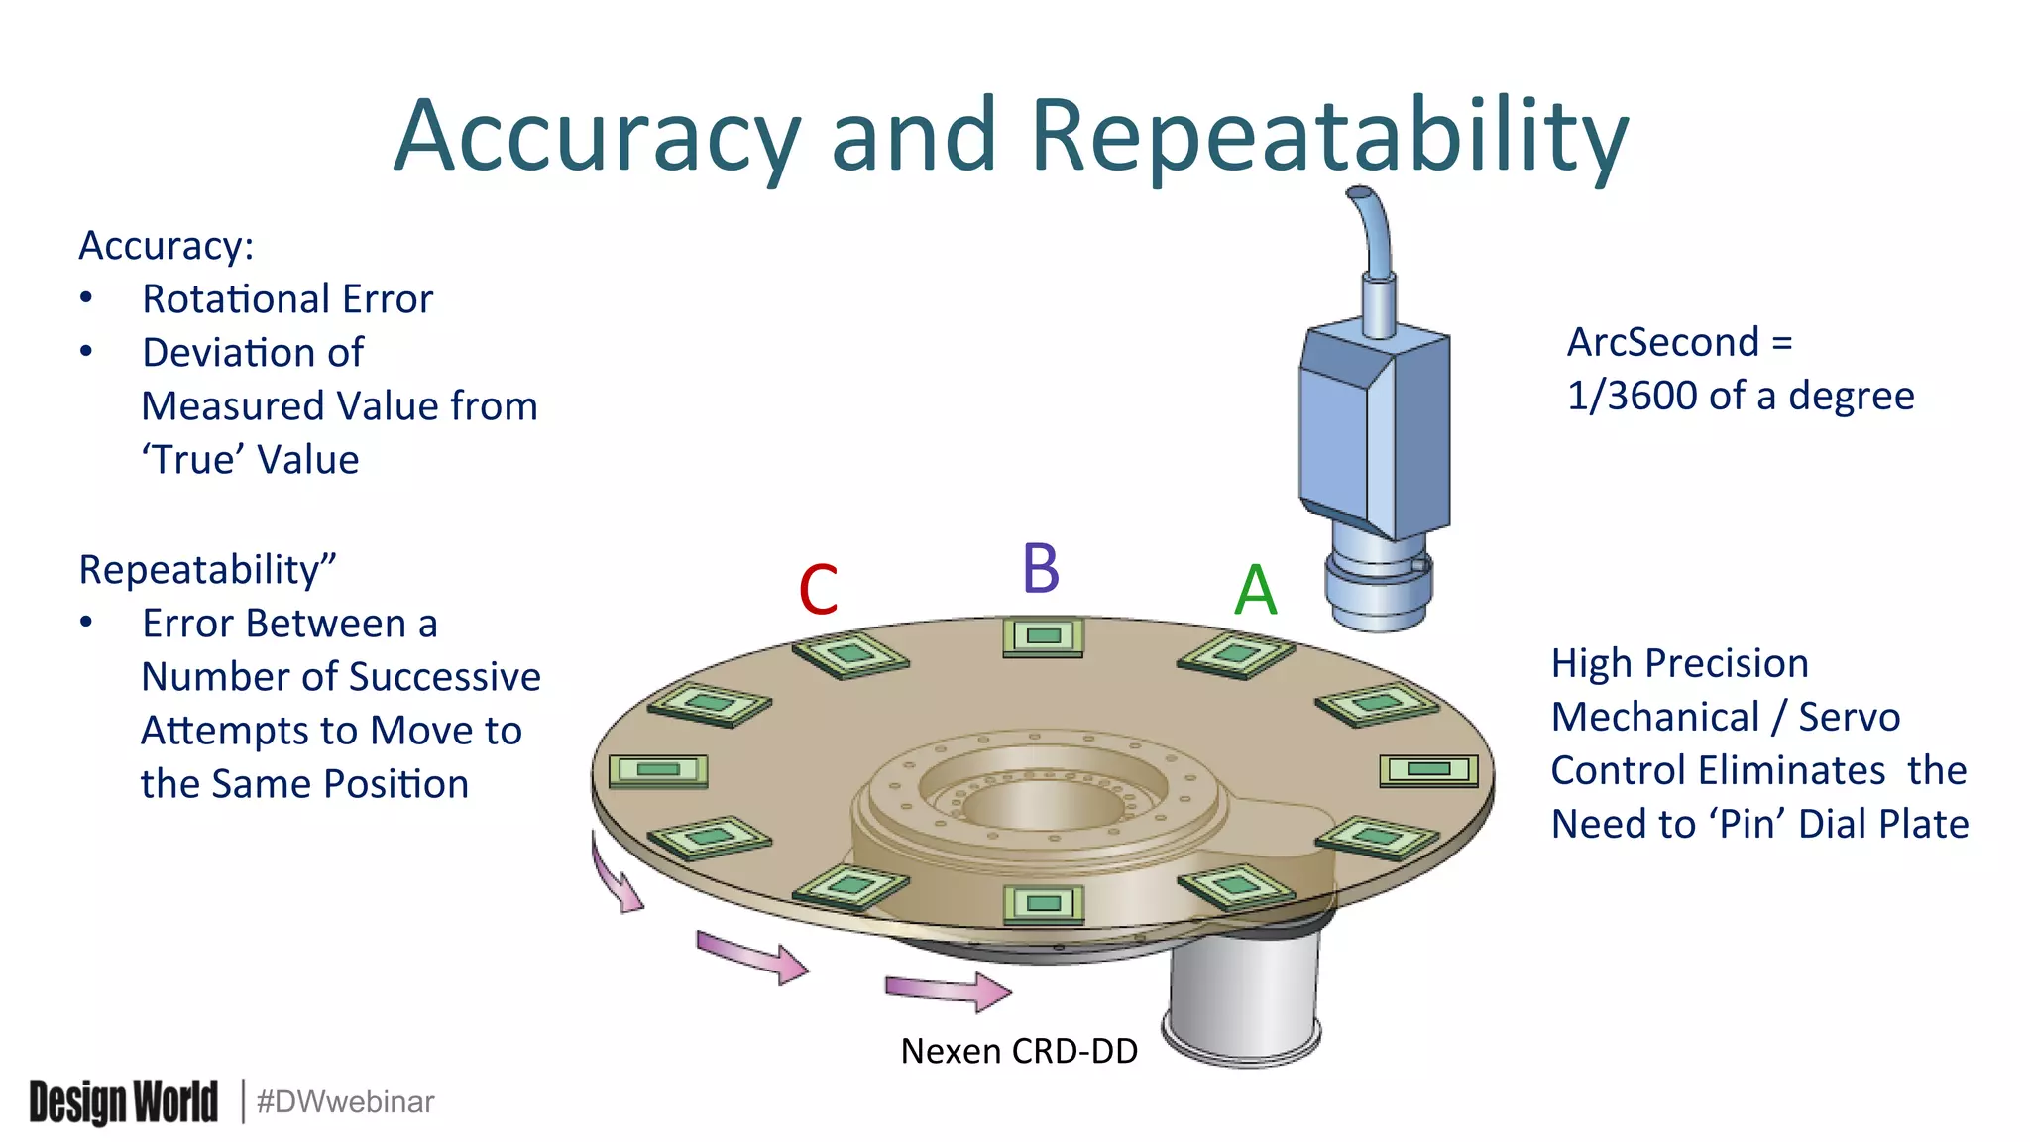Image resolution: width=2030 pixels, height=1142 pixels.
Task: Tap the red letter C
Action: click(x=819, y=590)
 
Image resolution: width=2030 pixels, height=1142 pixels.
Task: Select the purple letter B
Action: click(x=1041, y=569)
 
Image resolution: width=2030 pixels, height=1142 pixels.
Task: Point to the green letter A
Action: click(x=1255, y=591)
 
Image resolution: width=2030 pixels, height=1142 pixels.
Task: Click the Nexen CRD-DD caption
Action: click(x=1019, y=1051)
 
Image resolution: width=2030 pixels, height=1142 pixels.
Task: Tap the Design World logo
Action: click(x=123, y=1102)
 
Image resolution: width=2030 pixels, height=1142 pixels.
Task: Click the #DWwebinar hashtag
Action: click(x=345, y=1102)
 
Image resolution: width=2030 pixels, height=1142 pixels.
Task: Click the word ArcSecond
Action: click(x=1662, y=342)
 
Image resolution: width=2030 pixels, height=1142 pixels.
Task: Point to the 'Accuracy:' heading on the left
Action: click(x=167, y=246)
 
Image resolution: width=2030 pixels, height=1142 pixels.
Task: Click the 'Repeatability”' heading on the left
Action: click(x=207, y=570)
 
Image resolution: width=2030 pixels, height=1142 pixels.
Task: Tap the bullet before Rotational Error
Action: click(x=87, y=298)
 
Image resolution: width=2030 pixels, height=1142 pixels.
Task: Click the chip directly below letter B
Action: click(x=1043, y=636)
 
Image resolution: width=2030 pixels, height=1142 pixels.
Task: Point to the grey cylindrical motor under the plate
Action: click(x=1244, y=1001)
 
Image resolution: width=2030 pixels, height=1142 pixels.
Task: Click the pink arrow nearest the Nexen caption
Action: click(x=948, y=990)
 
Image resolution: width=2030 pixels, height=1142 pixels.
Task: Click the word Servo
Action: click(x=1850, y=717)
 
